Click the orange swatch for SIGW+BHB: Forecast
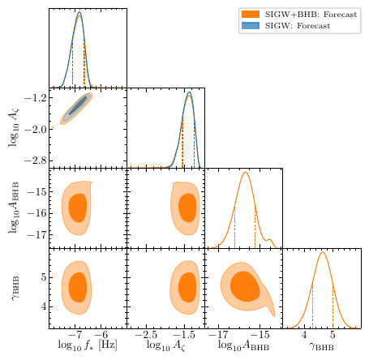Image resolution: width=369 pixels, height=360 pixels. pos(250,15)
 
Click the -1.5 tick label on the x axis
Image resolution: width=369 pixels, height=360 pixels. pos(184,334)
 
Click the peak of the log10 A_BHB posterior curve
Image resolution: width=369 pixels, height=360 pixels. pos(245,173)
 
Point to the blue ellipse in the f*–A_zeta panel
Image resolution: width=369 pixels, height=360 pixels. pos(78,106)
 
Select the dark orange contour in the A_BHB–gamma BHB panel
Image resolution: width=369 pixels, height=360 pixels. pos(242,286)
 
